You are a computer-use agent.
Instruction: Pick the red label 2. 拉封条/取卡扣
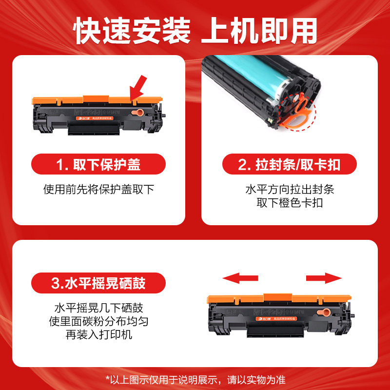tap(290, 165)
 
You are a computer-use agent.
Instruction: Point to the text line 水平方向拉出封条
tap(290, 190)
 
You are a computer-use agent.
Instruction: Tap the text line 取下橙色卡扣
tap(290, 203)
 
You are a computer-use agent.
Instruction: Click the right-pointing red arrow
tap(324, 278)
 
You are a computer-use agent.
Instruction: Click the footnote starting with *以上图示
tap(195, 379)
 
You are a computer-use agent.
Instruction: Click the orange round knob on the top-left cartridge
tap(138, 113)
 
